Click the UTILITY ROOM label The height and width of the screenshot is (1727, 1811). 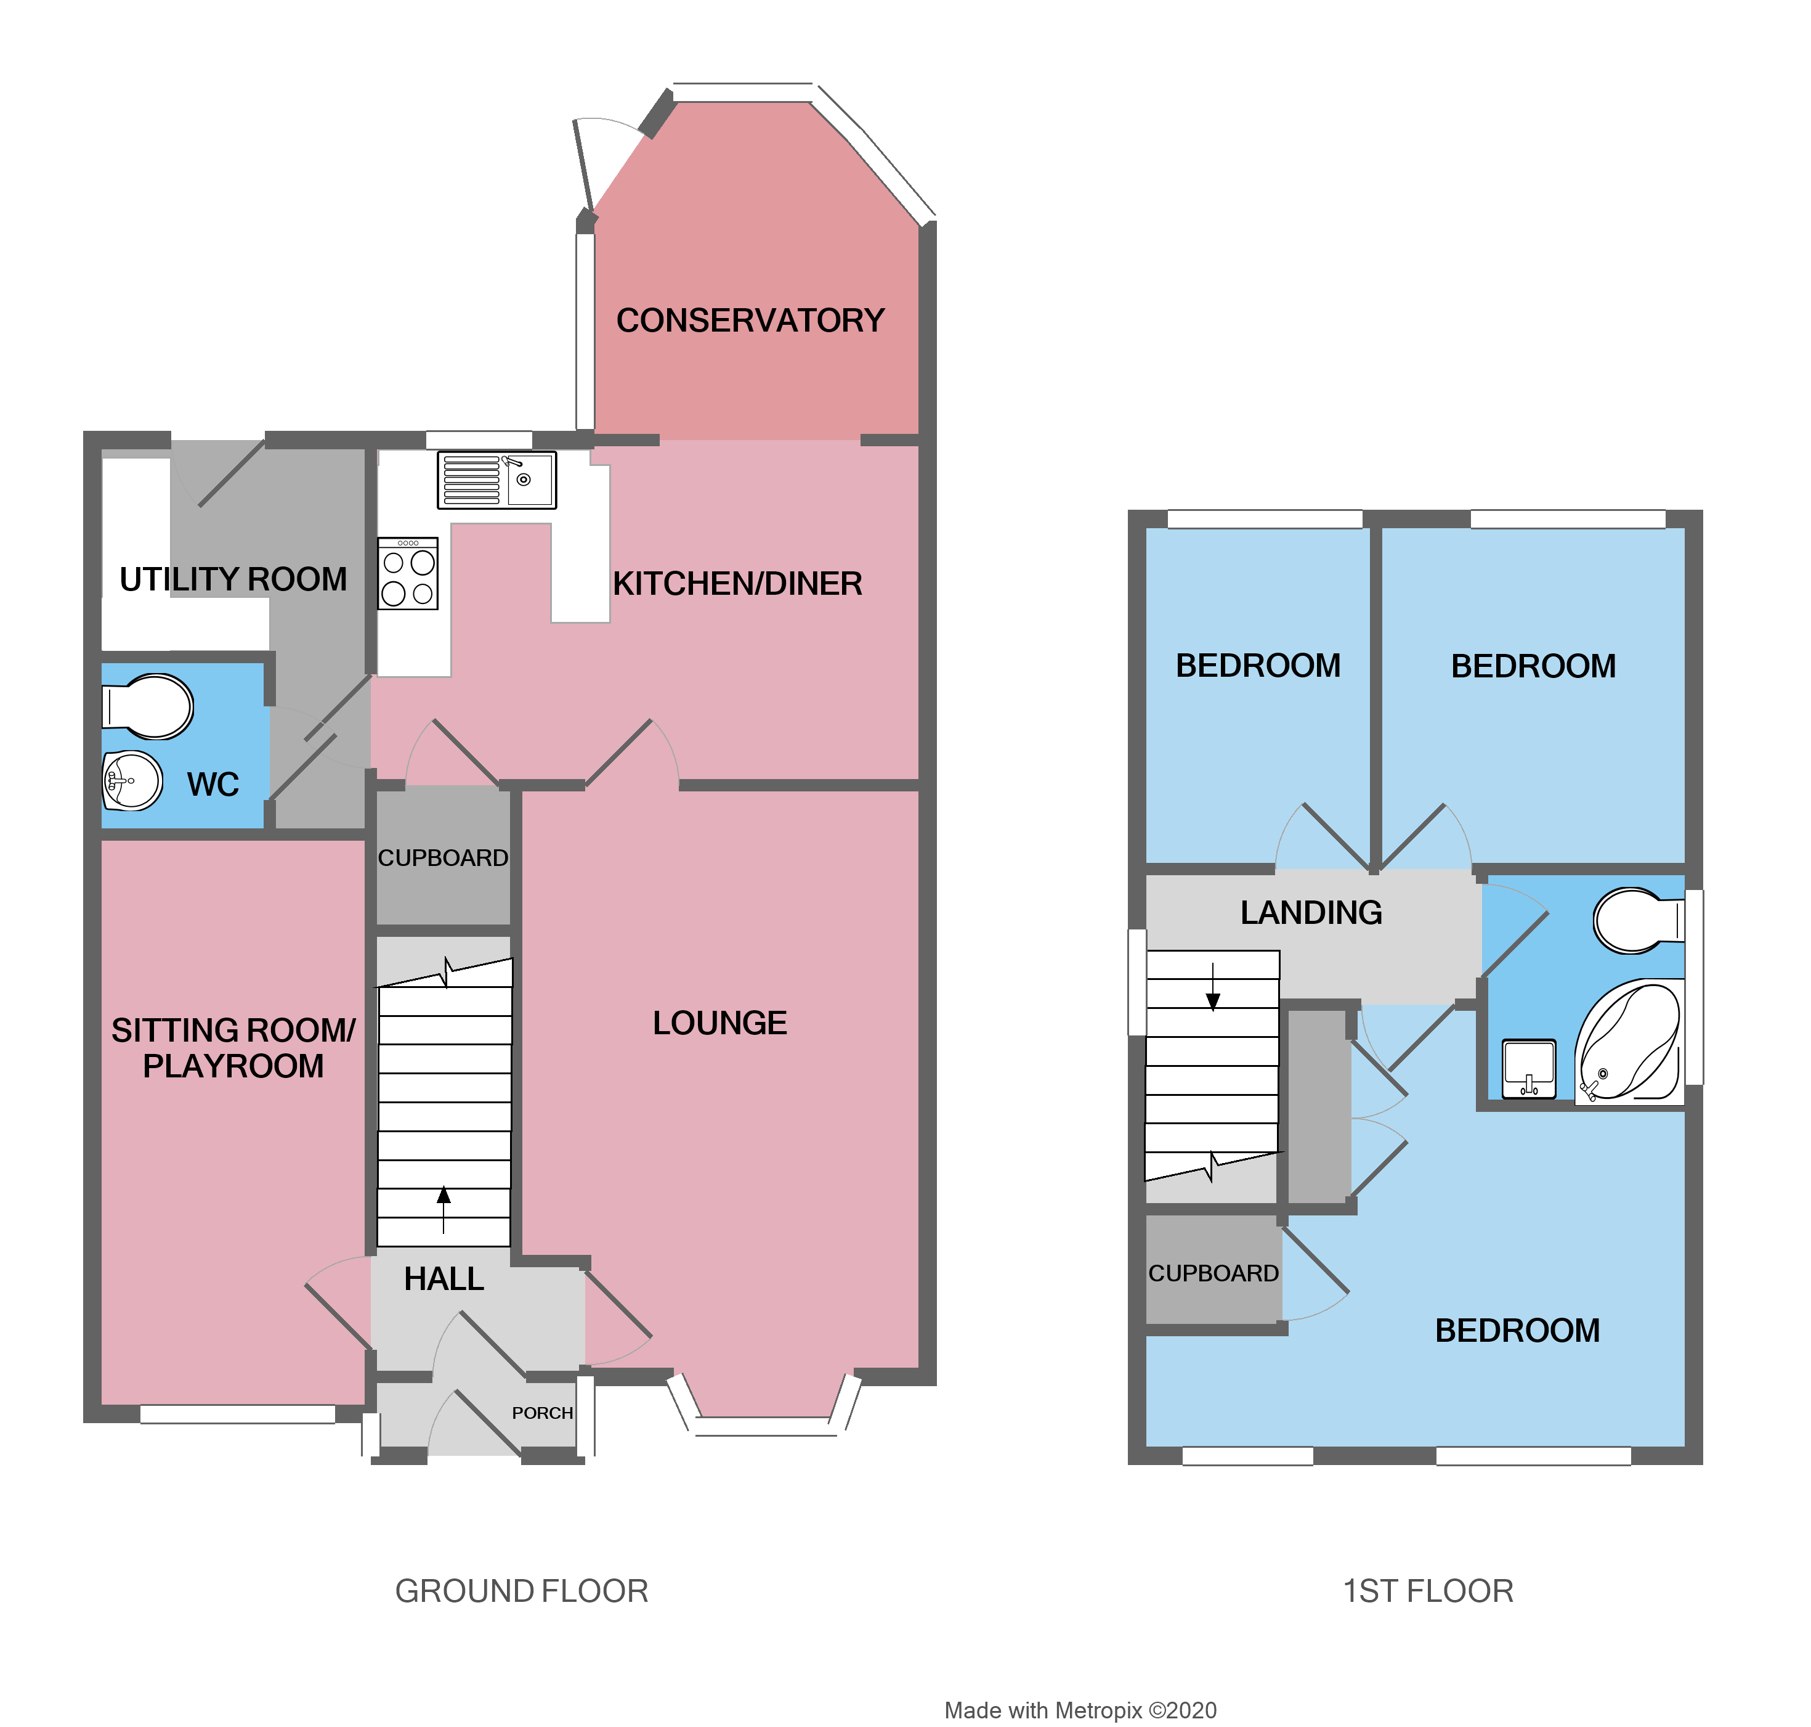click(x=233, y=579)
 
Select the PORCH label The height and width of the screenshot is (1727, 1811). click(x=542, y=1412)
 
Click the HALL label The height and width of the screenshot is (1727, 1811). click(x=444, y=1279)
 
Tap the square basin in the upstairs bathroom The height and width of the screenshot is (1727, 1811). click(x=1528, y=1068)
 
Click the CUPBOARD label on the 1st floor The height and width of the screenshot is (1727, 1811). click(x=1213, y=1273)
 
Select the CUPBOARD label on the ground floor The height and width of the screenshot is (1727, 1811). click(x=443, y=858)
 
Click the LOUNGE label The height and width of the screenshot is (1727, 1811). click(x=719, y=1023)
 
